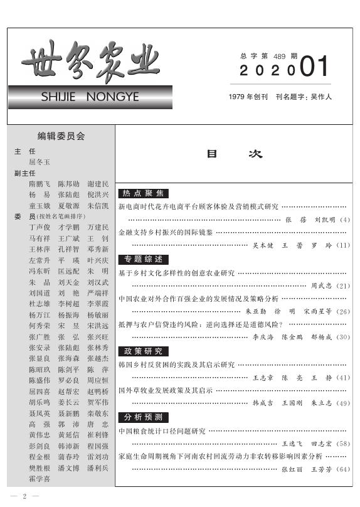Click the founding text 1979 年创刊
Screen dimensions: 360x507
click(x=248, y=97)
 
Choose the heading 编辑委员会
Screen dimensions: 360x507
click(x=61, y=136)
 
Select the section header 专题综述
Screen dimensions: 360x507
click(x=144, y=259)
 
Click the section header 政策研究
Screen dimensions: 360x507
click(x=144, y=351)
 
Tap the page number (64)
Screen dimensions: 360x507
click(x=343, y=469)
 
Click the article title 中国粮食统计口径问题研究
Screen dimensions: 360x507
click(x=162, y=431)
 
